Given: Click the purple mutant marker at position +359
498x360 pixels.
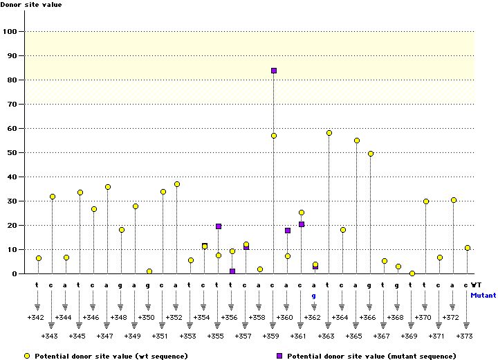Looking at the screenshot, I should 274,71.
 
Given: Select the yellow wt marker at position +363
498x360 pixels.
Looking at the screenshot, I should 329,133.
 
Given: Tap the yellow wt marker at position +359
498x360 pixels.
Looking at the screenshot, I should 274,136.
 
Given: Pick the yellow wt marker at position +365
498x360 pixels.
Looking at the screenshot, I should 357,141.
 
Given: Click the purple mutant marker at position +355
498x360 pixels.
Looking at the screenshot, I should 219,226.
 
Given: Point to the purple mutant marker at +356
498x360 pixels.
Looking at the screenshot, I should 232,271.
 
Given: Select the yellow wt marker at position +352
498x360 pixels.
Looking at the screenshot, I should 177,184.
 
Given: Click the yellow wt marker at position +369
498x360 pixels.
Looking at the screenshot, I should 412,273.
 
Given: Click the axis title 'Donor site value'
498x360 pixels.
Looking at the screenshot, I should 30,5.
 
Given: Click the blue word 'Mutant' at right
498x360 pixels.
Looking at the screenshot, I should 483,295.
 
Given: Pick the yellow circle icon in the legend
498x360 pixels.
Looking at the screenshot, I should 27,355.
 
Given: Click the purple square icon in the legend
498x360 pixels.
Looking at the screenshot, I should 280,355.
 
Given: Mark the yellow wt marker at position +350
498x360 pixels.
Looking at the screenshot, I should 149,271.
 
